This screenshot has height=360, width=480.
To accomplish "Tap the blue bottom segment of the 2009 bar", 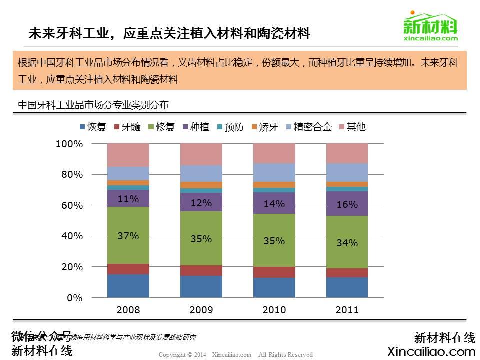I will (201, 287).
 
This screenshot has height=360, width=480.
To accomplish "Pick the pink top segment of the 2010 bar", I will (274, 153).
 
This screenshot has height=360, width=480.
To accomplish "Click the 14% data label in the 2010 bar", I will (274, 204).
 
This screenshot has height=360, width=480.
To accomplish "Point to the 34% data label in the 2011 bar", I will (347, 243).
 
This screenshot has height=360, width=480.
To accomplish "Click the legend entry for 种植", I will (196, 127).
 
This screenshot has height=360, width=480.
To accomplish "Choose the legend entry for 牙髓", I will (127, 127).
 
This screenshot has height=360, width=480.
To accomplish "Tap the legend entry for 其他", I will (352, 127).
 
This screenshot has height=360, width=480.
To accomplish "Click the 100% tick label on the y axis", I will (69, 144).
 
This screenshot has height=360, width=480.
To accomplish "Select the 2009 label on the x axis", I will (201, 310).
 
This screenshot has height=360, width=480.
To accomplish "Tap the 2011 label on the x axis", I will (347, 310).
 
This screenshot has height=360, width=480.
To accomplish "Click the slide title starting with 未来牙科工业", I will (169, 33).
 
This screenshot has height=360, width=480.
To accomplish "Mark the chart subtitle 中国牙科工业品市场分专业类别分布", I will (93, 105).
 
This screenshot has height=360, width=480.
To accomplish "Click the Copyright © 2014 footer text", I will (235, 354).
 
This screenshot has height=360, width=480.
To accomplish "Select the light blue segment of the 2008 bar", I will (128, 173).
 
